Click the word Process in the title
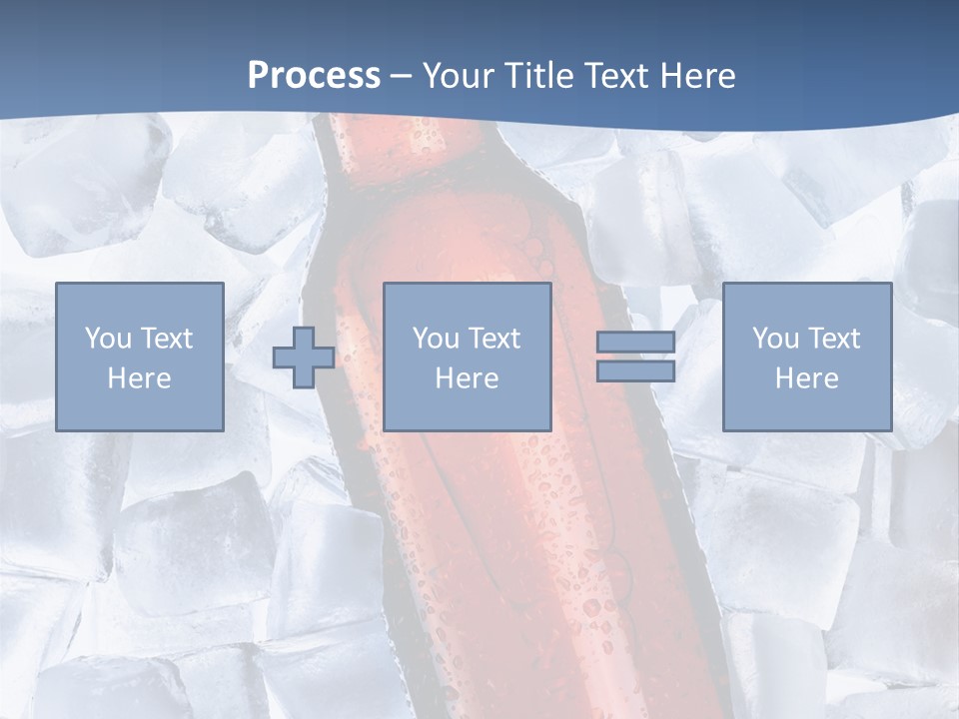(314, 76)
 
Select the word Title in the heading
(541, 76)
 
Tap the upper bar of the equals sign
(635, 343)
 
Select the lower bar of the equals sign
(635, 371)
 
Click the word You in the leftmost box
(108, 339)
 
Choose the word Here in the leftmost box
(139, 378)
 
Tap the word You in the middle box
(436, 339)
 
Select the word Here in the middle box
(467, 378)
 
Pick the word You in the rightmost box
(775, 339)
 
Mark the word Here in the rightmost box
(806, 378)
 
